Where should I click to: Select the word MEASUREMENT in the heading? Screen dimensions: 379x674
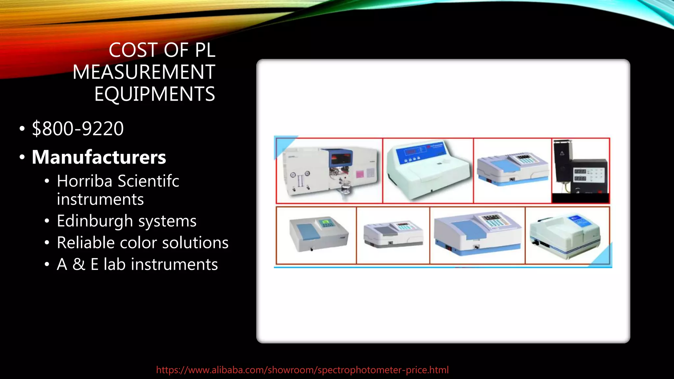[x=144, y=72]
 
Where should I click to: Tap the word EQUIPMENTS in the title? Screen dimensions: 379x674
[x=155, y=94]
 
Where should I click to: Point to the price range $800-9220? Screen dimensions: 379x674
[x=78, y=128]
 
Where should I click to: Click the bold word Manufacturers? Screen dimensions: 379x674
[x=99, y=157]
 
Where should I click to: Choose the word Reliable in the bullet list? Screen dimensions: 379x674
[x=86, y=243]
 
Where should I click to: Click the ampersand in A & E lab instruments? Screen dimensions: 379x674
[x=79, y=264]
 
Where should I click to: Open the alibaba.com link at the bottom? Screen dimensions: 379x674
[x=302, y=370]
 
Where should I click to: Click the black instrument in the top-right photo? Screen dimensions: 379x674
[x=581, y=171]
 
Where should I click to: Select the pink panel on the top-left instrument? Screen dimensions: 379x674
[x=360, y=174]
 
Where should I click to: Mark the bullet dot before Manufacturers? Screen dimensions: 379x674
[x=22, y=158]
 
